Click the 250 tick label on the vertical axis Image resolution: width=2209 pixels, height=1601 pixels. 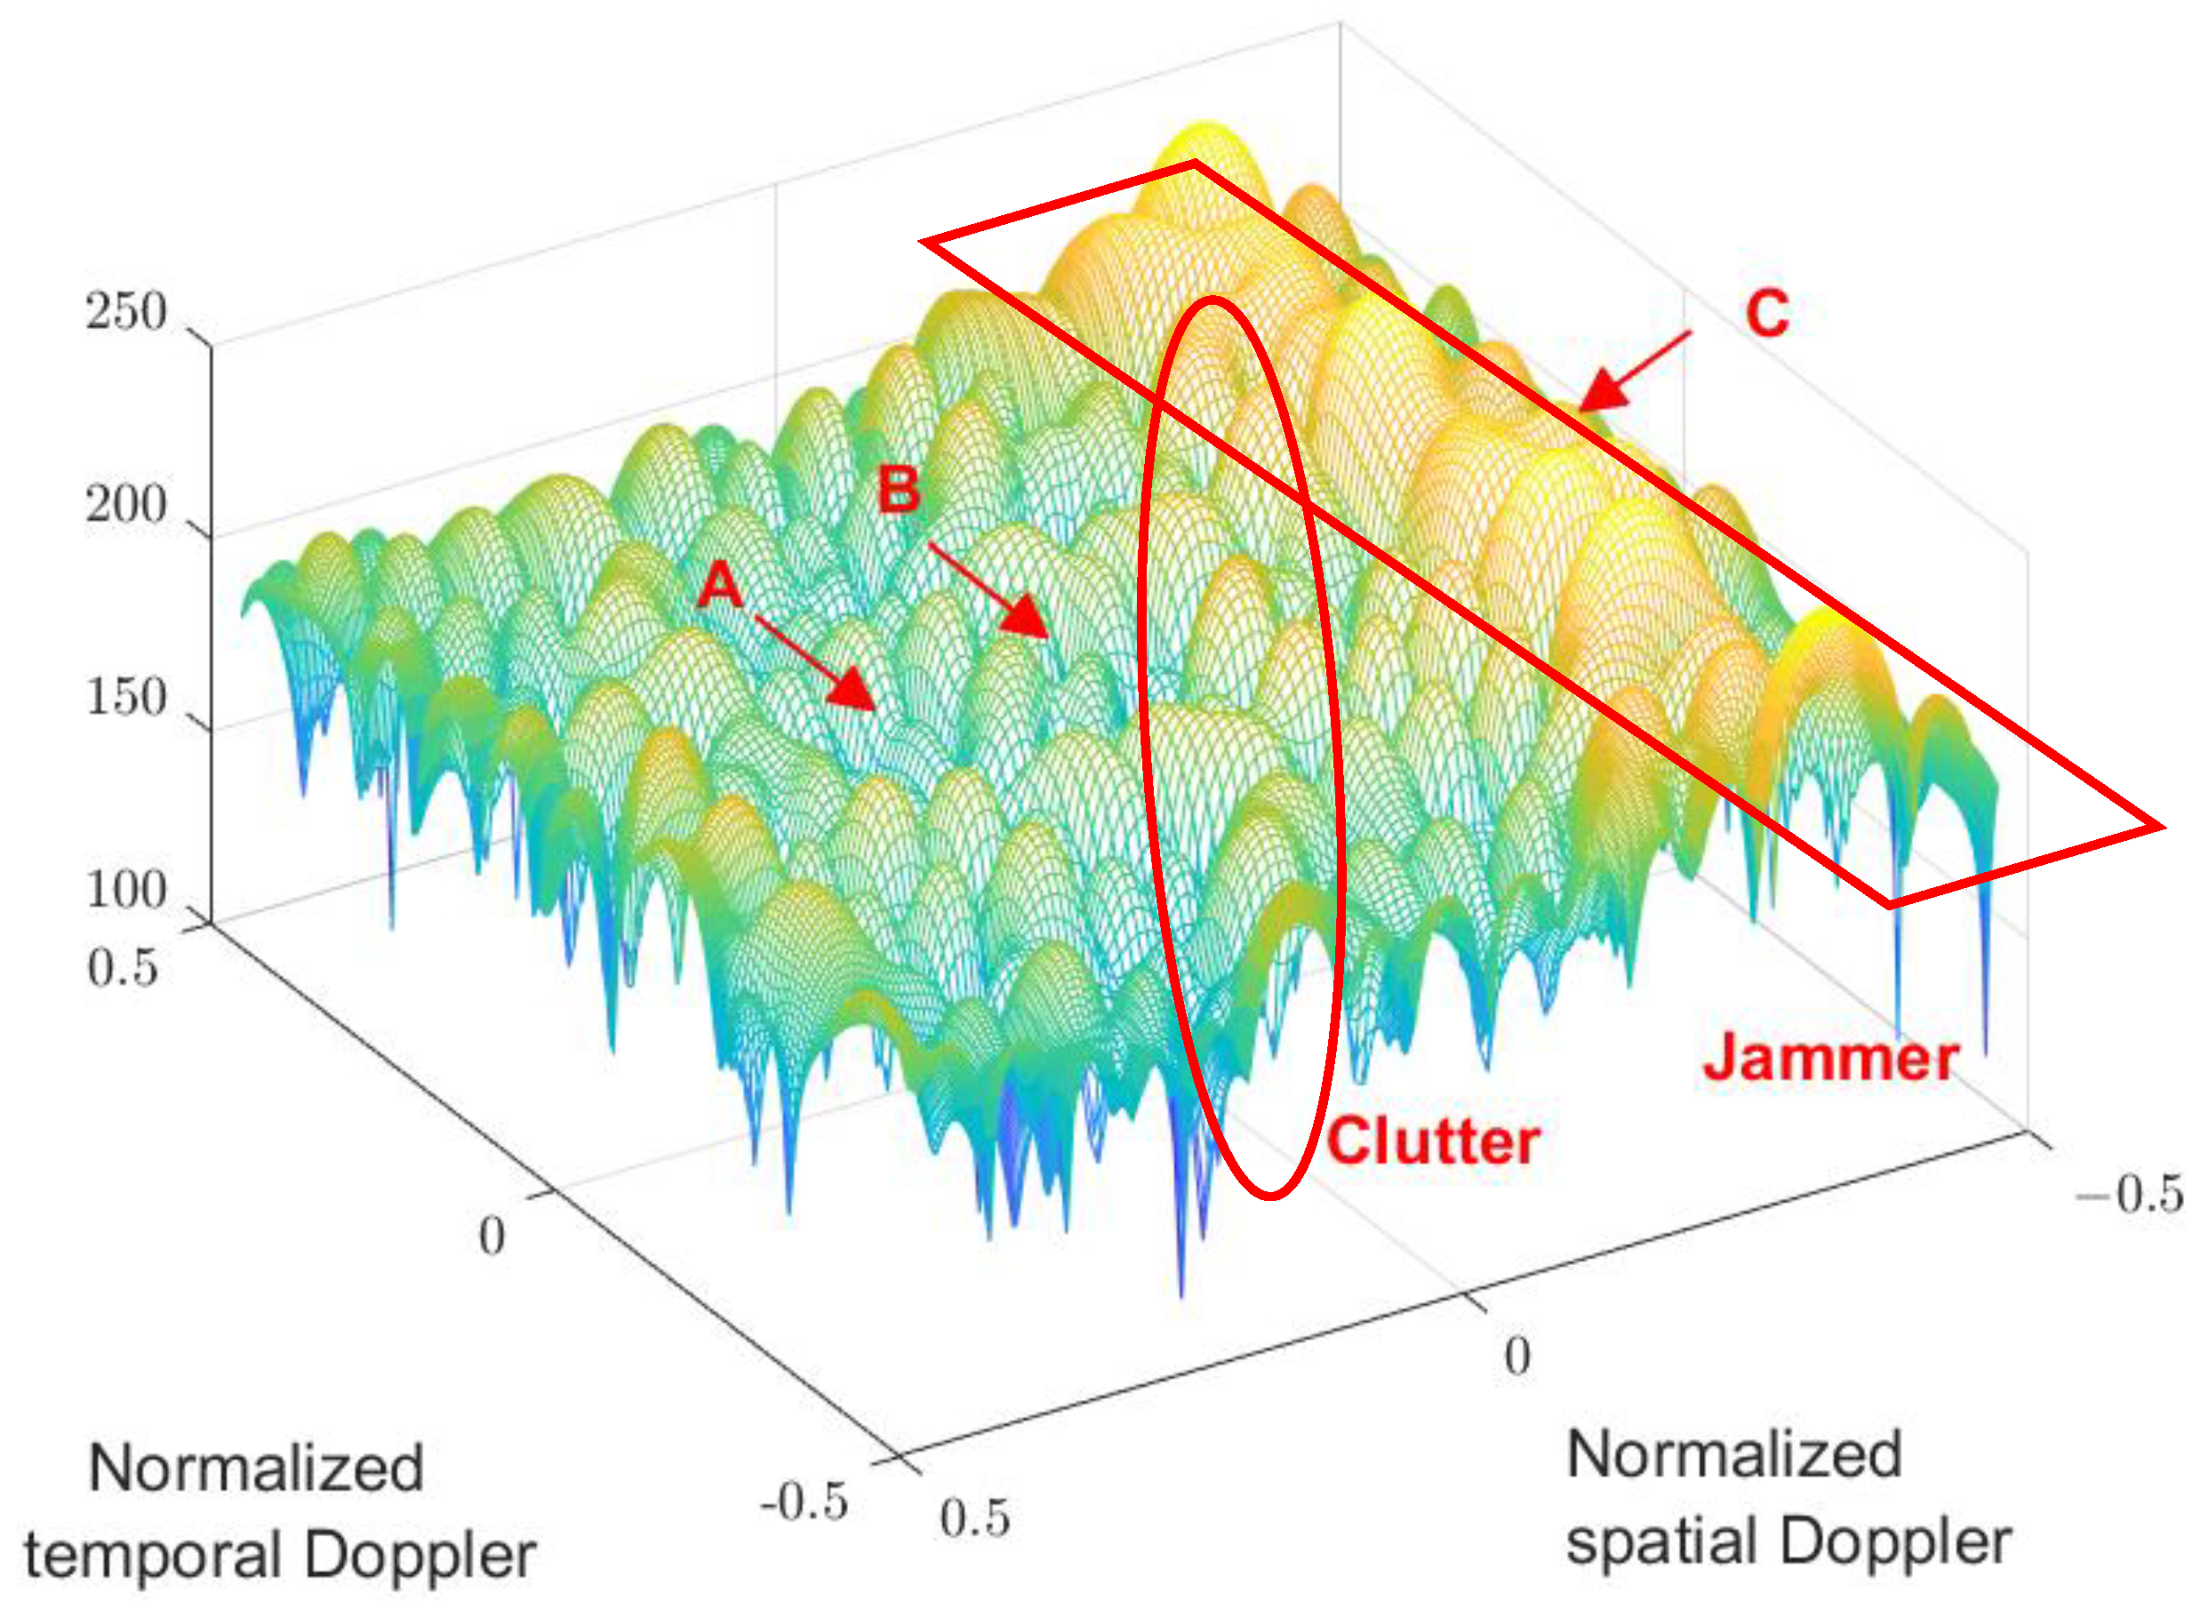125,314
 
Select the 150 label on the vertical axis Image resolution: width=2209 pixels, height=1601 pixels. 125,698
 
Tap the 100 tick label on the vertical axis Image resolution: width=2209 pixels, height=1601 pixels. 125,890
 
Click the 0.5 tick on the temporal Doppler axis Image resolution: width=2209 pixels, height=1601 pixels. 123,968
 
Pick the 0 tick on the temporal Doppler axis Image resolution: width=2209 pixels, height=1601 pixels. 492,1237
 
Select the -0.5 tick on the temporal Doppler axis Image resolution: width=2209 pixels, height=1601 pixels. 804,1501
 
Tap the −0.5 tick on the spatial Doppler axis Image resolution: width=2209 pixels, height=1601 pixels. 2129,1194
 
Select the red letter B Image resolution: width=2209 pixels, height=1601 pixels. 898,489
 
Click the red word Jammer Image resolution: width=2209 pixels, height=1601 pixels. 1830,1058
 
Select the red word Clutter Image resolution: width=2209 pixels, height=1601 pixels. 1433,1141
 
